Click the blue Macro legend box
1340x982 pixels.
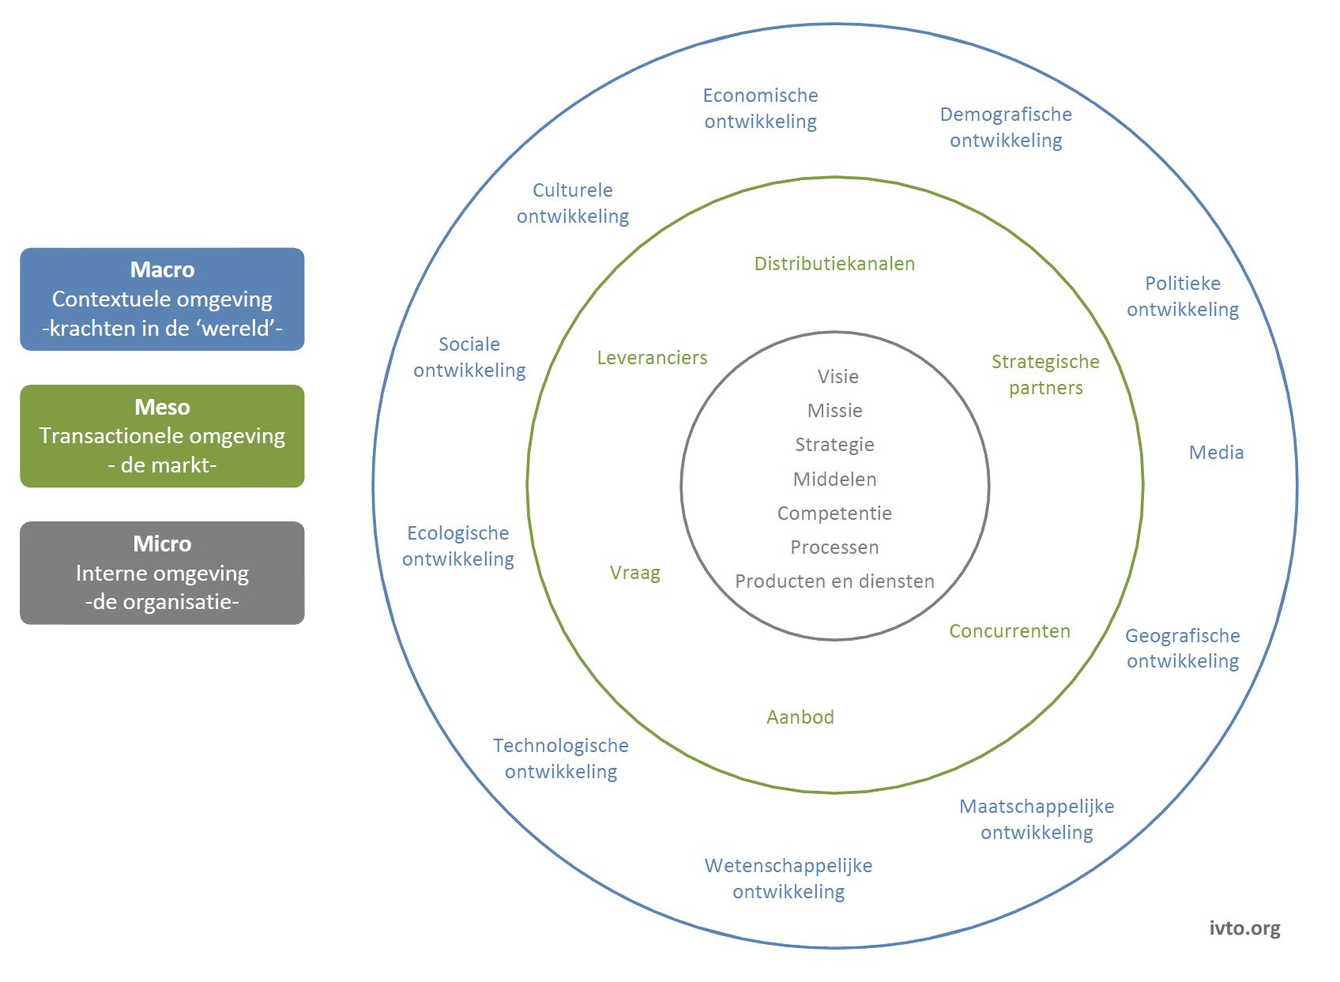coord(162,299)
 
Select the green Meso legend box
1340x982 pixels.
coord(162,436)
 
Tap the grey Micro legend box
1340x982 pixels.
coord(162,573)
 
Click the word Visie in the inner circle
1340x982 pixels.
coord(838,376)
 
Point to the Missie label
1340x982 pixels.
coord(835,410)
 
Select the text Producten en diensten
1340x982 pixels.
coord(835,581)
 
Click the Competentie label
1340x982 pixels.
coord(834,514)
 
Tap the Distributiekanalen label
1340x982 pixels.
coord(834,264)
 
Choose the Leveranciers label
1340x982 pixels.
coord(652,358)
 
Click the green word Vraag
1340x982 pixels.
coord(634,573)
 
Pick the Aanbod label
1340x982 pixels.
coord(800,717)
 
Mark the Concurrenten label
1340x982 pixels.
coord(1010,631)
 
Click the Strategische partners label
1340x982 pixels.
coord(1045,375)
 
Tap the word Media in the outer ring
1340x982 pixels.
coord(1216,452)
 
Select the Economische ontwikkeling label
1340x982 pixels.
coord(760,108)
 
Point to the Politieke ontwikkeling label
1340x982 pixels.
coord(1183,296)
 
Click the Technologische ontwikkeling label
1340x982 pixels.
coord(560,758)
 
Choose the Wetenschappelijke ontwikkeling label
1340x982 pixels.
coord(789,879)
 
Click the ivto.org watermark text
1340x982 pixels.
coord(1245,927)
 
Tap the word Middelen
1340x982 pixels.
coord(835,479)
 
